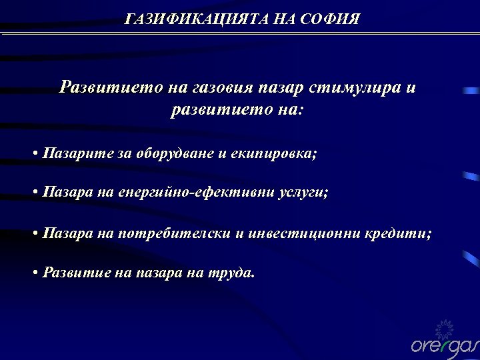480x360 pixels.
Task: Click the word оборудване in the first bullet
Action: pos(175,153)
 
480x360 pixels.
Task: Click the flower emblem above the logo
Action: pos(443,327)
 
